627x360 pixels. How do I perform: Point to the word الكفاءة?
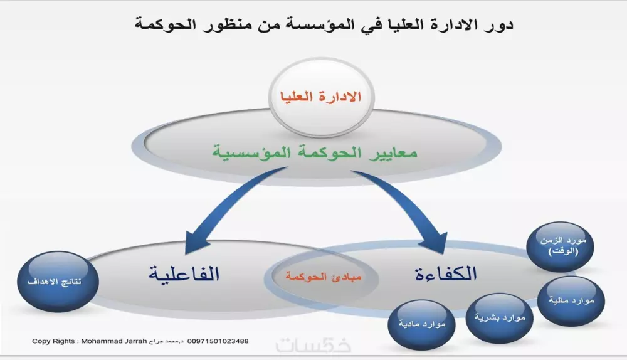tap(446, 273)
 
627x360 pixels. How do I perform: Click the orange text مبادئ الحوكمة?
tap(324, 276)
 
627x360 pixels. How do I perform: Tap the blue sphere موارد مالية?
tap(571, 301)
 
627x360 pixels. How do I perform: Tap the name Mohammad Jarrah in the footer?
tap(119, 341)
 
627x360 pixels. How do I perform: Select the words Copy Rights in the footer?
tap(53, 341)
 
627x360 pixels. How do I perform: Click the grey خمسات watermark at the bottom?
tap(313, 346)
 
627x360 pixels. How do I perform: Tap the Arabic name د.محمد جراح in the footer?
tap(166, 341)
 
